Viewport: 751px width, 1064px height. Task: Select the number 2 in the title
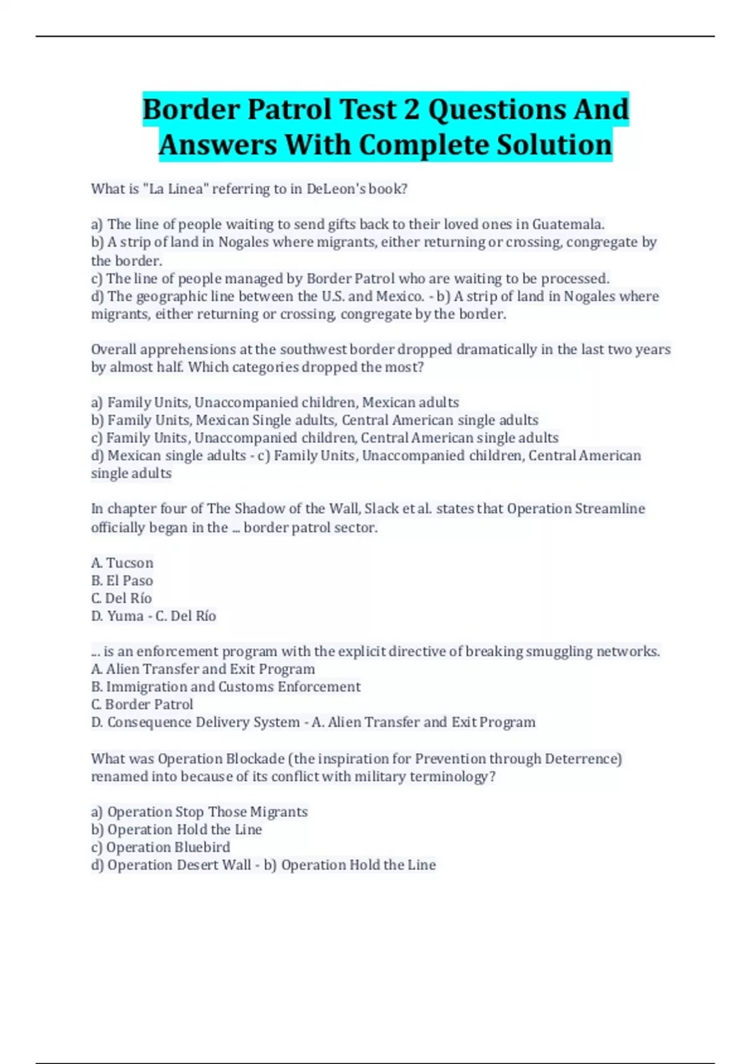pos(411,110)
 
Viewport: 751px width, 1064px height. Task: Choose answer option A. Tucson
pos(122,563)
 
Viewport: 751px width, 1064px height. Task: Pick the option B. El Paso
pos(122,580)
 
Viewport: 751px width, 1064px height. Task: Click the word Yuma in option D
pos(125,616)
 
